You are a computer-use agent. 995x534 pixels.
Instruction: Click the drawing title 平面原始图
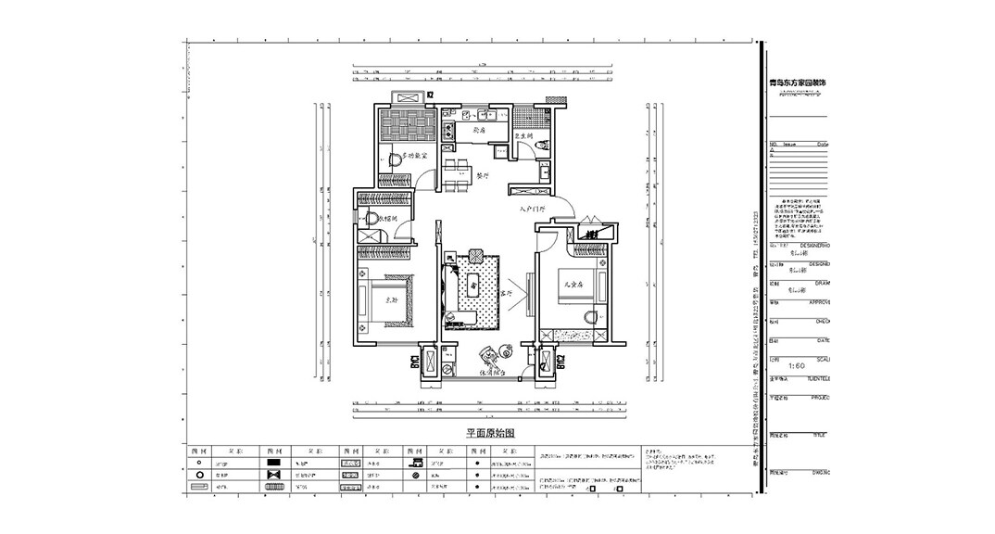point(489,433)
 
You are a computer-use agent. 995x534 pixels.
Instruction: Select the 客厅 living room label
point(506,293)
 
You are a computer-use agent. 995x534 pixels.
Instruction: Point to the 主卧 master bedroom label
point(391,299)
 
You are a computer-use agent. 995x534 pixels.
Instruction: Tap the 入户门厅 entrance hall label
point(534,210)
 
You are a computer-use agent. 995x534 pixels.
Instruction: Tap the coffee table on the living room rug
point(474,286)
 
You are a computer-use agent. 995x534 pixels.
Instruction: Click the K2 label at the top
point(430,95)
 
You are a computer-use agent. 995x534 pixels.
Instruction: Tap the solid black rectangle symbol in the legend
point(274,462)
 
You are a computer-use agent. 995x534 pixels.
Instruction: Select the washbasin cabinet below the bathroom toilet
point(548,173)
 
